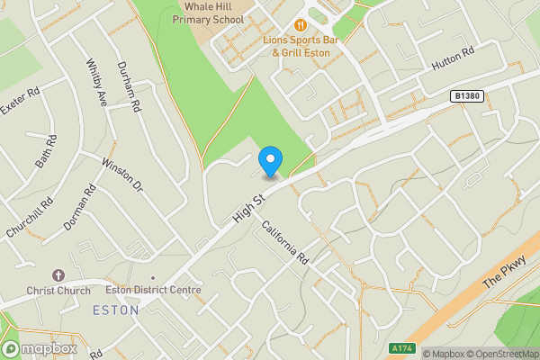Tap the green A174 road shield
pyautogui.click(x=402, y=347)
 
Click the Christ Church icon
pyautogui.click(x=58, y=274)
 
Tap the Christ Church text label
pyautogui.click(x=58, y=291)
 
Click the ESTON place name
pyautogui.click(x=116, y=310)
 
